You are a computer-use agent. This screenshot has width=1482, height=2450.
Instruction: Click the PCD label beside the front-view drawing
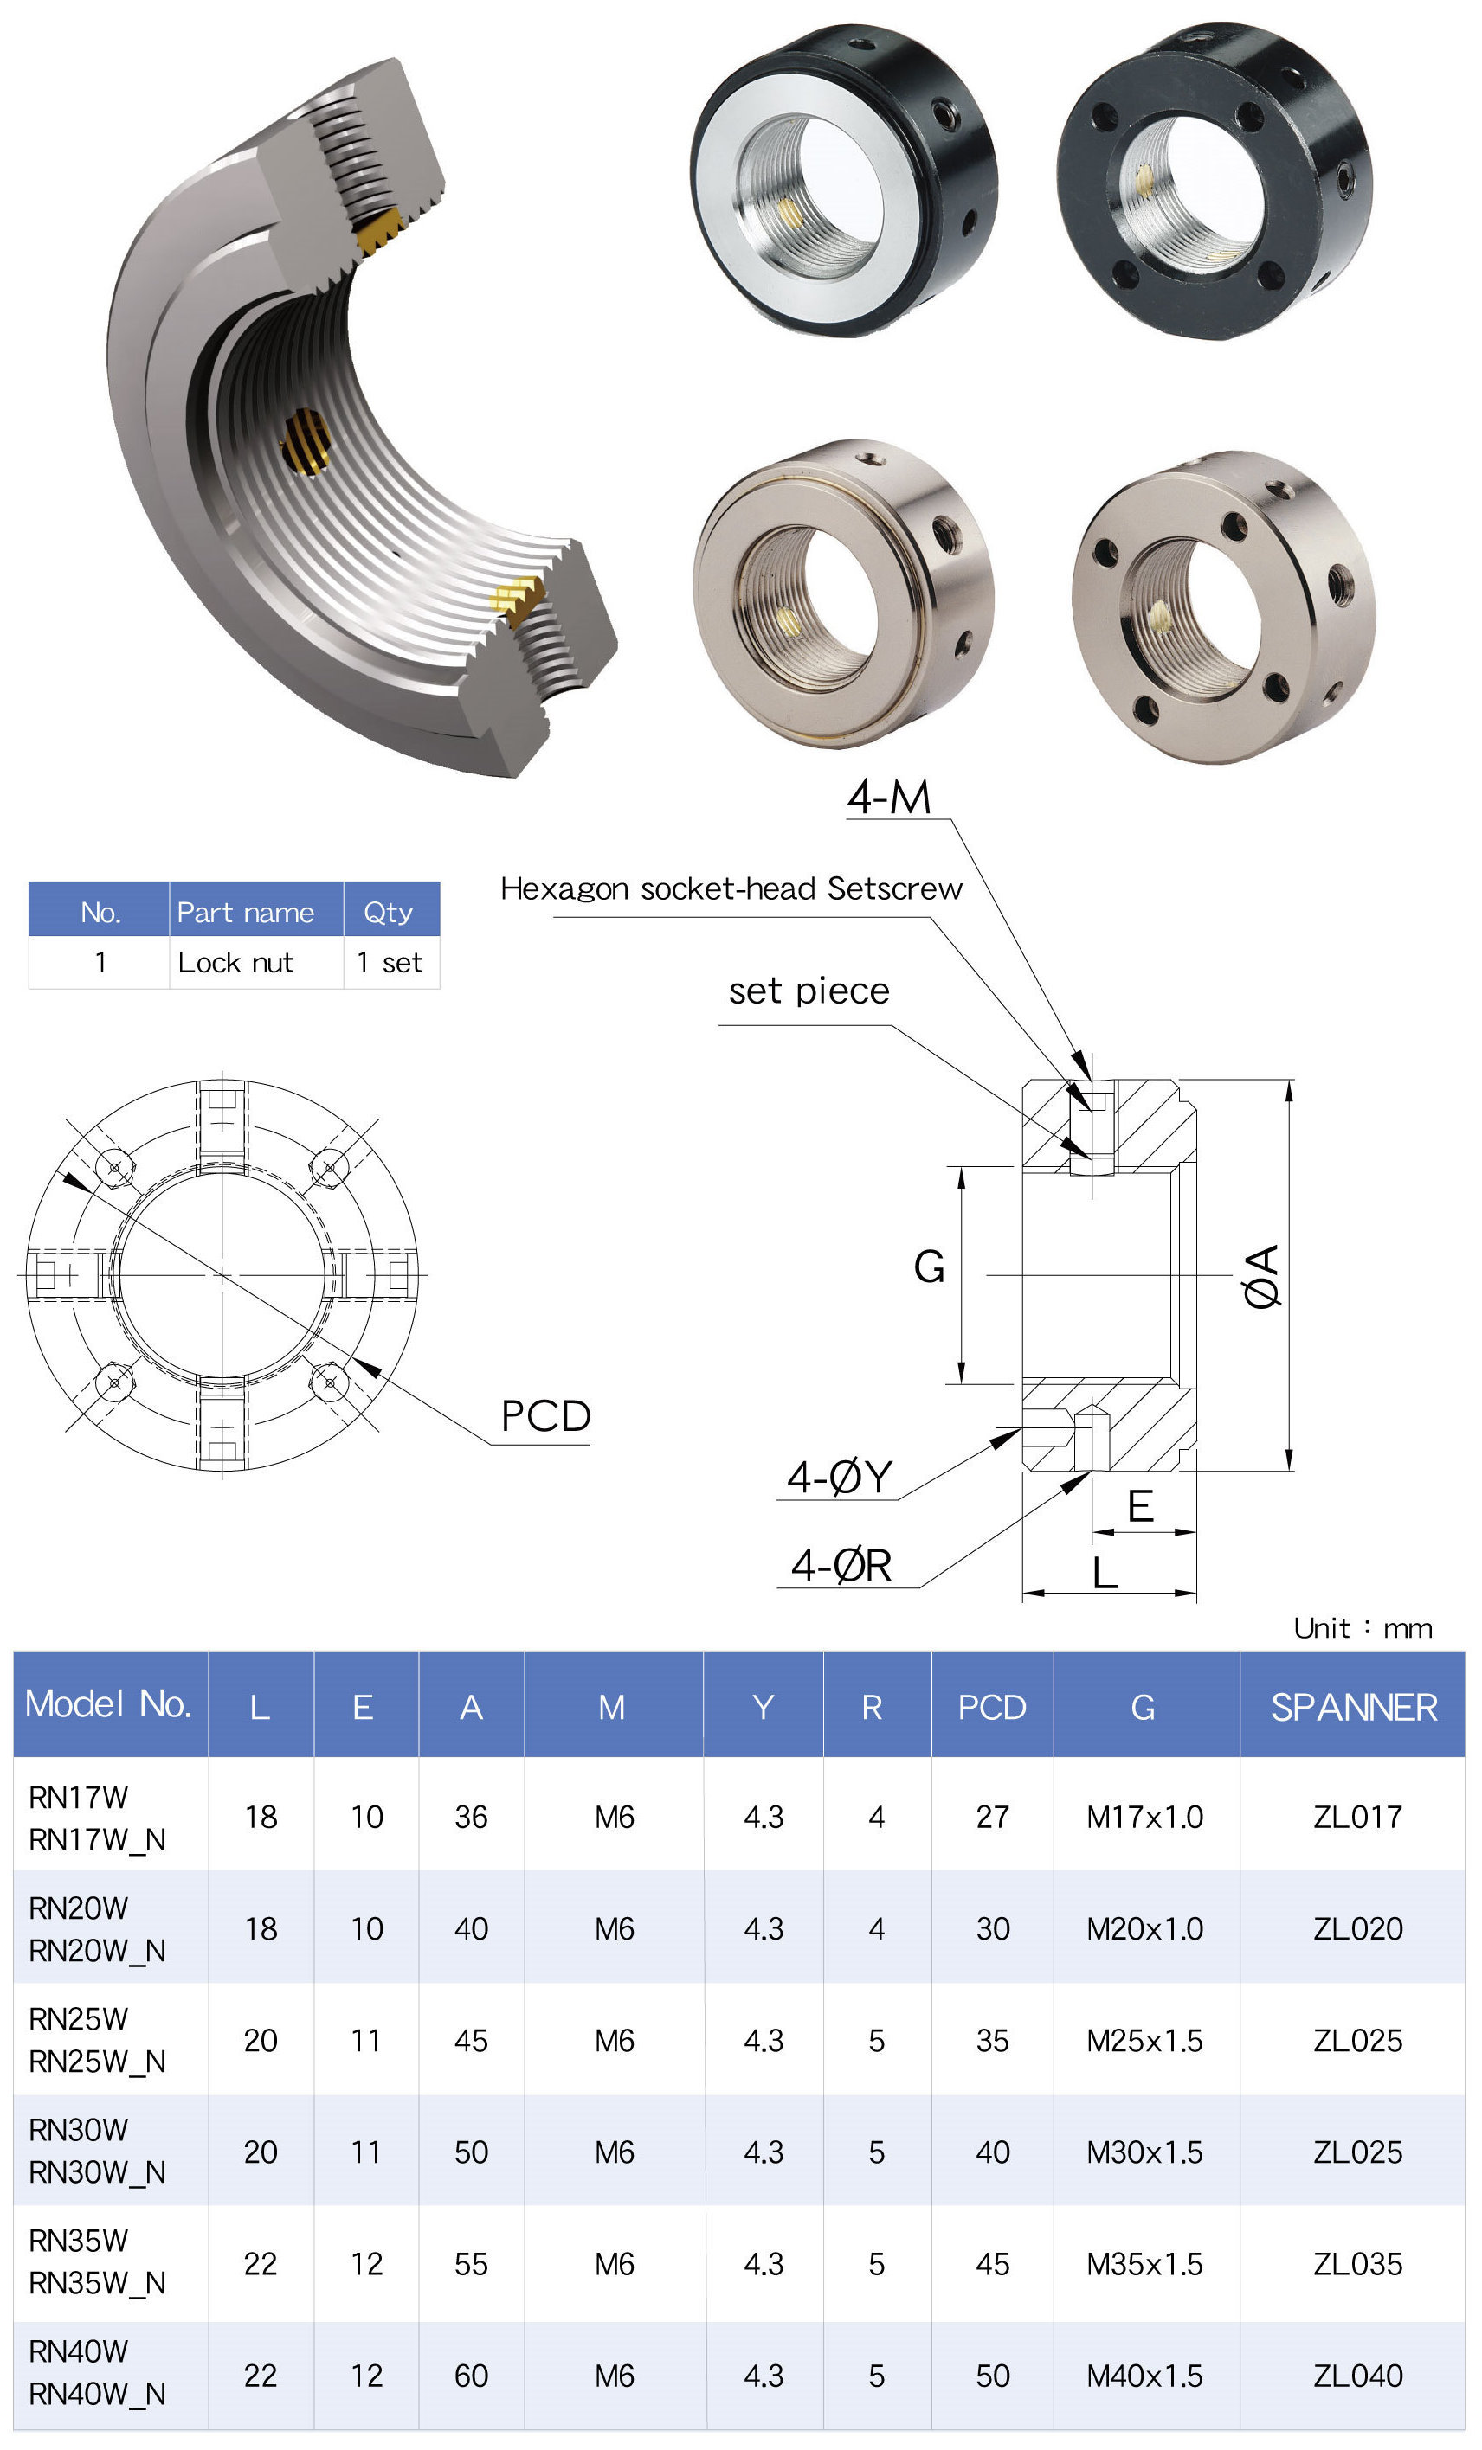click(x=545, y=1416)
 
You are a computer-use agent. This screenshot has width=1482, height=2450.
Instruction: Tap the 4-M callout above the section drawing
click(x=888, y=798)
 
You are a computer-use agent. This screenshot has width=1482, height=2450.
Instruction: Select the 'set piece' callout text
click(x=809, y=991)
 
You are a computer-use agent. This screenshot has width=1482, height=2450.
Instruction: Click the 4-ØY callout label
click(x=840, y=1478)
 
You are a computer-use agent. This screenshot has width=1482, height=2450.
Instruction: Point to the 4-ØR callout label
click(x=841, y=1565)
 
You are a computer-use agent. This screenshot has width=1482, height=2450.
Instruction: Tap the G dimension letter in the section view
click(x=929, y=1267)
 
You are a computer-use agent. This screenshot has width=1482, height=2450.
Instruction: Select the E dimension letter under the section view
click(x=1140, y=1507)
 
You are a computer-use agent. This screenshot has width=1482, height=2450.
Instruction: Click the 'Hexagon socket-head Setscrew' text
click(x=731, y=889)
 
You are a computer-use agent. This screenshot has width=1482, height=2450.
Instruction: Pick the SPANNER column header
click(x=1353, y=1707)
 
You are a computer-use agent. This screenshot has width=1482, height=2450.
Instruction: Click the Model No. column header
click(x=107, y=1704)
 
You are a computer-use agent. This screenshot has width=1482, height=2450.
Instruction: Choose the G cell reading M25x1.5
click(x=1144, y=2040)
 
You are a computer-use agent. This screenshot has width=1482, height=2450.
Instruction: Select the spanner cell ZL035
click(x=1356, y=2264)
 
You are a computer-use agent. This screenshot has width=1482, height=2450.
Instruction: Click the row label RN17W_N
click(x=96, y=1839)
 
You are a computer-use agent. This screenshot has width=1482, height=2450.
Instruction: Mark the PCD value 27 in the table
click(x=992, y=1818)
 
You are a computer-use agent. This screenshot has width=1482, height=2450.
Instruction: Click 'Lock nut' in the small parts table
click(x=235, y=963)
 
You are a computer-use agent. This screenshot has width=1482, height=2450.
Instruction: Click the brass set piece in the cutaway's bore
click(x=306, y=441)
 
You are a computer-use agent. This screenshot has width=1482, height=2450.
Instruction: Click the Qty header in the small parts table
click(x=387, y=912)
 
